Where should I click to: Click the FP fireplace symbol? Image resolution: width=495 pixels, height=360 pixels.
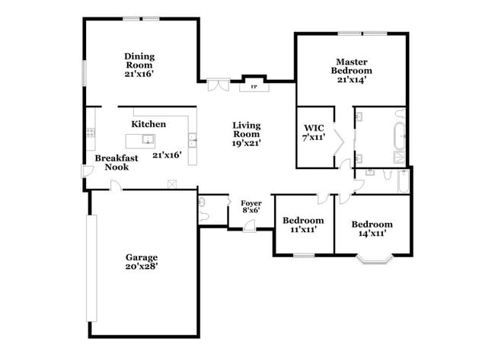pyautogui.click(x=253, y=88)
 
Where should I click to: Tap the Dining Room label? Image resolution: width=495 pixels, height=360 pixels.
pyautogui.click(x=139, y=56)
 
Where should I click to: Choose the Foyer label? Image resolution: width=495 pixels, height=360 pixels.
pyautogui.click(x=251, y=203)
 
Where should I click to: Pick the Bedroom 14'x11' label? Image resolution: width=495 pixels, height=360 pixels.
pyautogui.click(x=372, y=225)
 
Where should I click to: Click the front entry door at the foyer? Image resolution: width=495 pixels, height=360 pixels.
pyautogui.click(x=251, y=226)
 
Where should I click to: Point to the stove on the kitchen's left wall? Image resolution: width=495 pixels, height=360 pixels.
pyautogui.click(x=90, y=132)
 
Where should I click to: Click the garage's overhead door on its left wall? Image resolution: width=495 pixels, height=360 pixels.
pyautogui.click(x=95, y=266)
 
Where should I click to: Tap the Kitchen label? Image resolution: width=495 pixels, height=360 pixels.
pyautogui.click(x=148, y=123)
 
